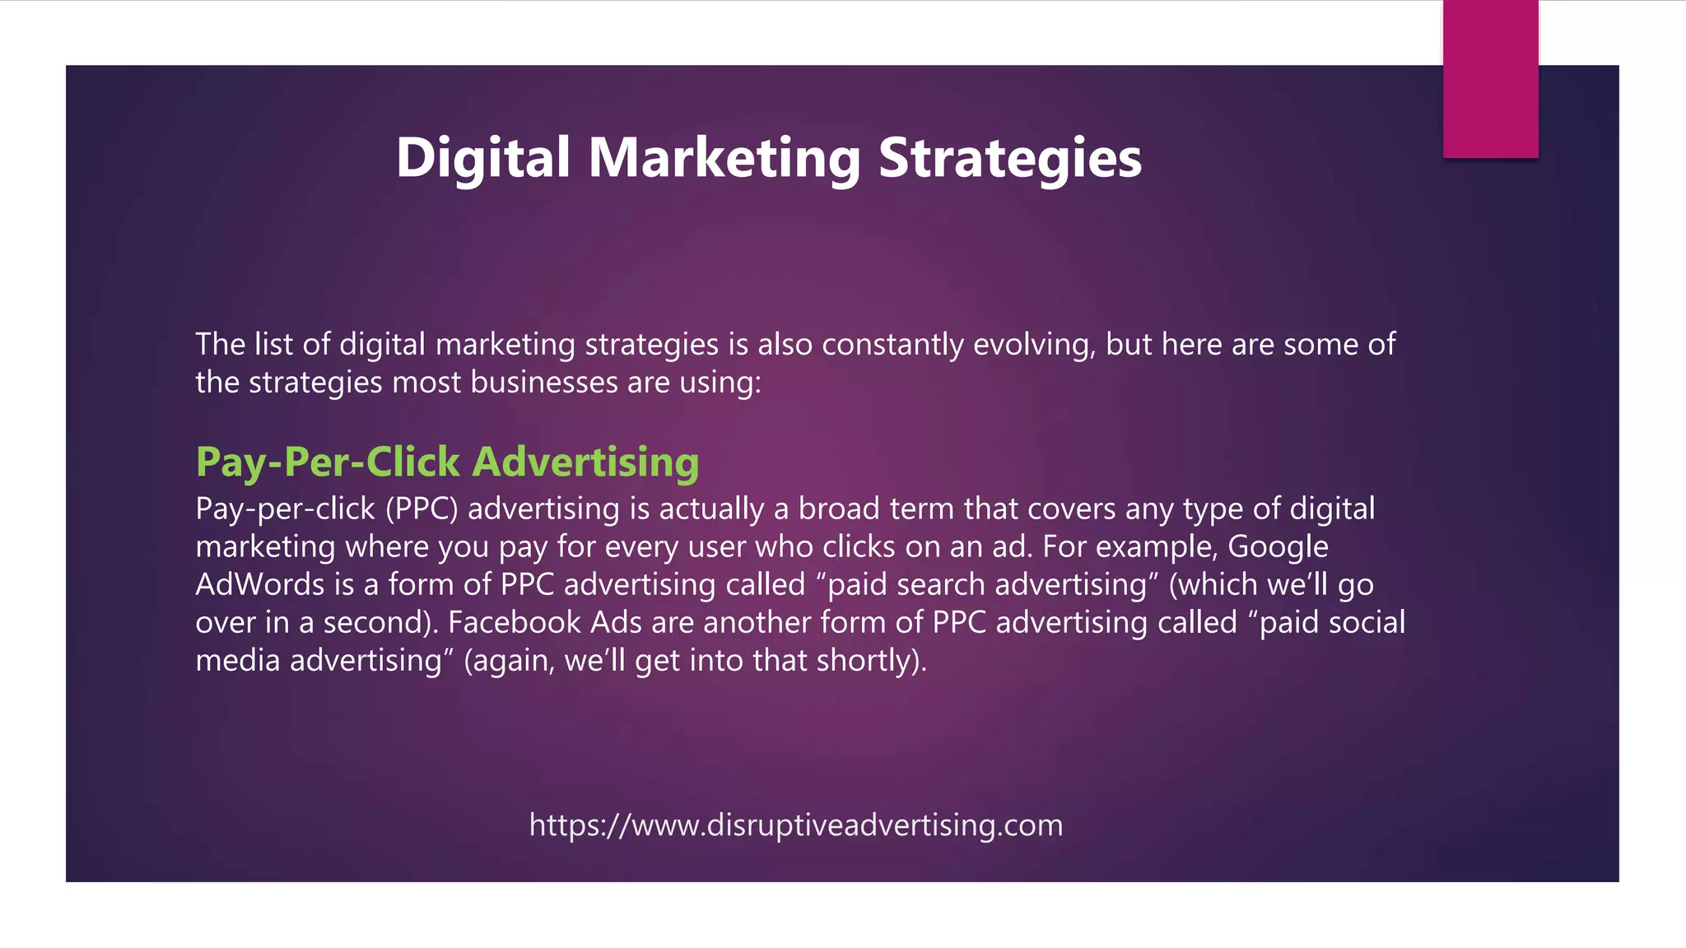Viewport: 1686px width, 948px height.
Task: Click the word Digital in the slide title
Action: pos(482,157)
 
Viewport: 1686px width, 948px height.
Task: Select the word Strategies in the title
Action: pos(1010,157)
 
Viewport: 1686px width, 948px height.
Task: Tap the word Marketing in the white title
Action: pos(724,157)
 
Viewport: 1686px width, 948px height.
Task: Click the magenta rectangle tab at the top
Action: pos(1490,79)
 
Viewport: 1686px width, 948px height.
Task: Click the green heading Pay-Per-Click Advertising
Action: pos(447,462)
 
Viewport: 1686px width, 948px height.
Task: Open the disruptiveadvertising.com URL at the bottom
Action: pos(796,825)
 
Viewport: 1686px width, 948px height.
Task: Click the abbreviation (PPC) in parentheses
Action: pos(421,509)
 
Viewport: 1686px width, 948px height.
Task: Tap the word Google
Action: pos(1278,546)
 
